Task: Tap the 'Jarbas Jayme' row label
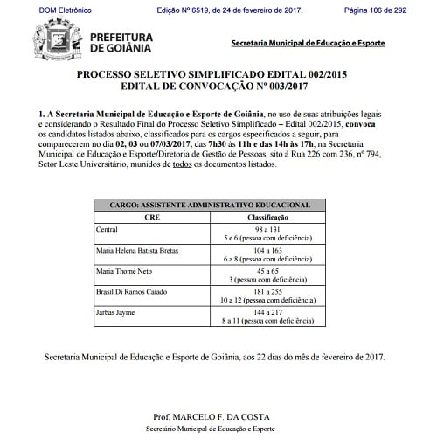click(114, 311)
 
